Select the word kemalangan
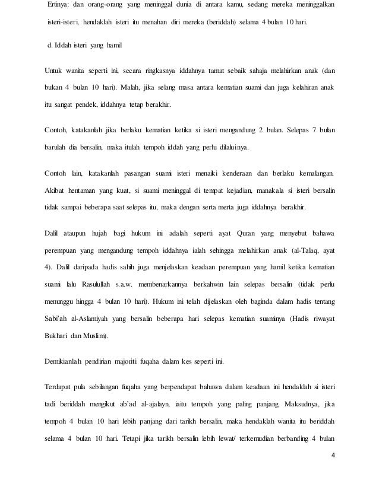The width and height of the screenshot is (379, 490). (312, 174)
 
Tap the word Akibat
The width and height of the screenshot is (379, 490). (55, 192)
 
